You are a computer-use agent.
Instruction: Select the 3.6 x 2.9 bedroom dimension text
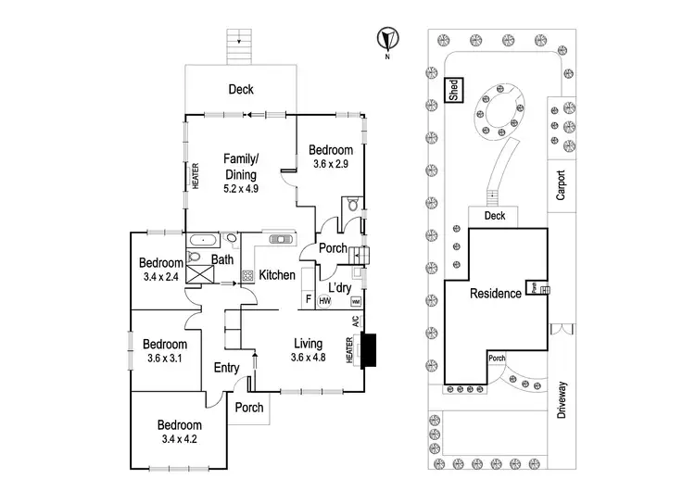coord(331,164)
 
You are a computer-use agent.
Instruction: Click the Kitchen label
coord(277,275)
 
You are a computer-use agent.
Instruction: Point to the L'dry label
coord(338,287)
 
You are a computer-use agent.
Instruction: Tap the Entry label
coord(227,369)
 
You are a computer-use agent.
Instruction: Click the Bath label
coord(222,260)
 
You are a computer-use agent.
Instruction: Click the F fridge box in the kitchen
coord(309,300)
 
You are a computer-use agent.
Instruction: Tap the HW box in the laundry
coord(325,301)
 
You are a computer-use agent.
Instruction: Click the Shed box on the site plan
coord(454,90)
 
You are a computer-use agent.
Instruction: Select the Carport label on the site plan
coord(560,185)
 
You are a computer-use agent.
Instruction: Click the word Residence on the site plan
coord(496,294)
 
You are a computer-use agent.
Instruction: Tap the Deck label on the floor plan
coord(241,90)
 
